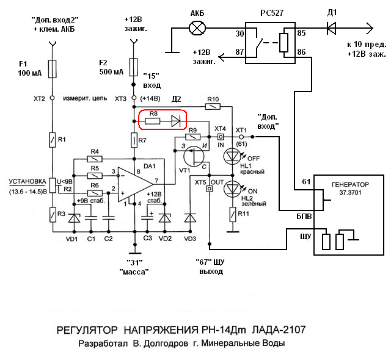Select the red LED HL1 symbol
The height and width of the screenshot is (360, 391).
(233, 157)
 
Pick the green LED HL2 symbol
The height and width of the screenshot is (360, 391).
(233, 189)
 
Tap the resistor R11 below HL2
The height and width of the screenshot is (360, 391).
(233, 214)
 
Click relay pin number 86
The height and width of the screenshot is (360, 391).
(301, 53)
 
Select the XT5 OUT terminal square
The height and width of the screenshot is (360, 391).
(209, 189)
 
